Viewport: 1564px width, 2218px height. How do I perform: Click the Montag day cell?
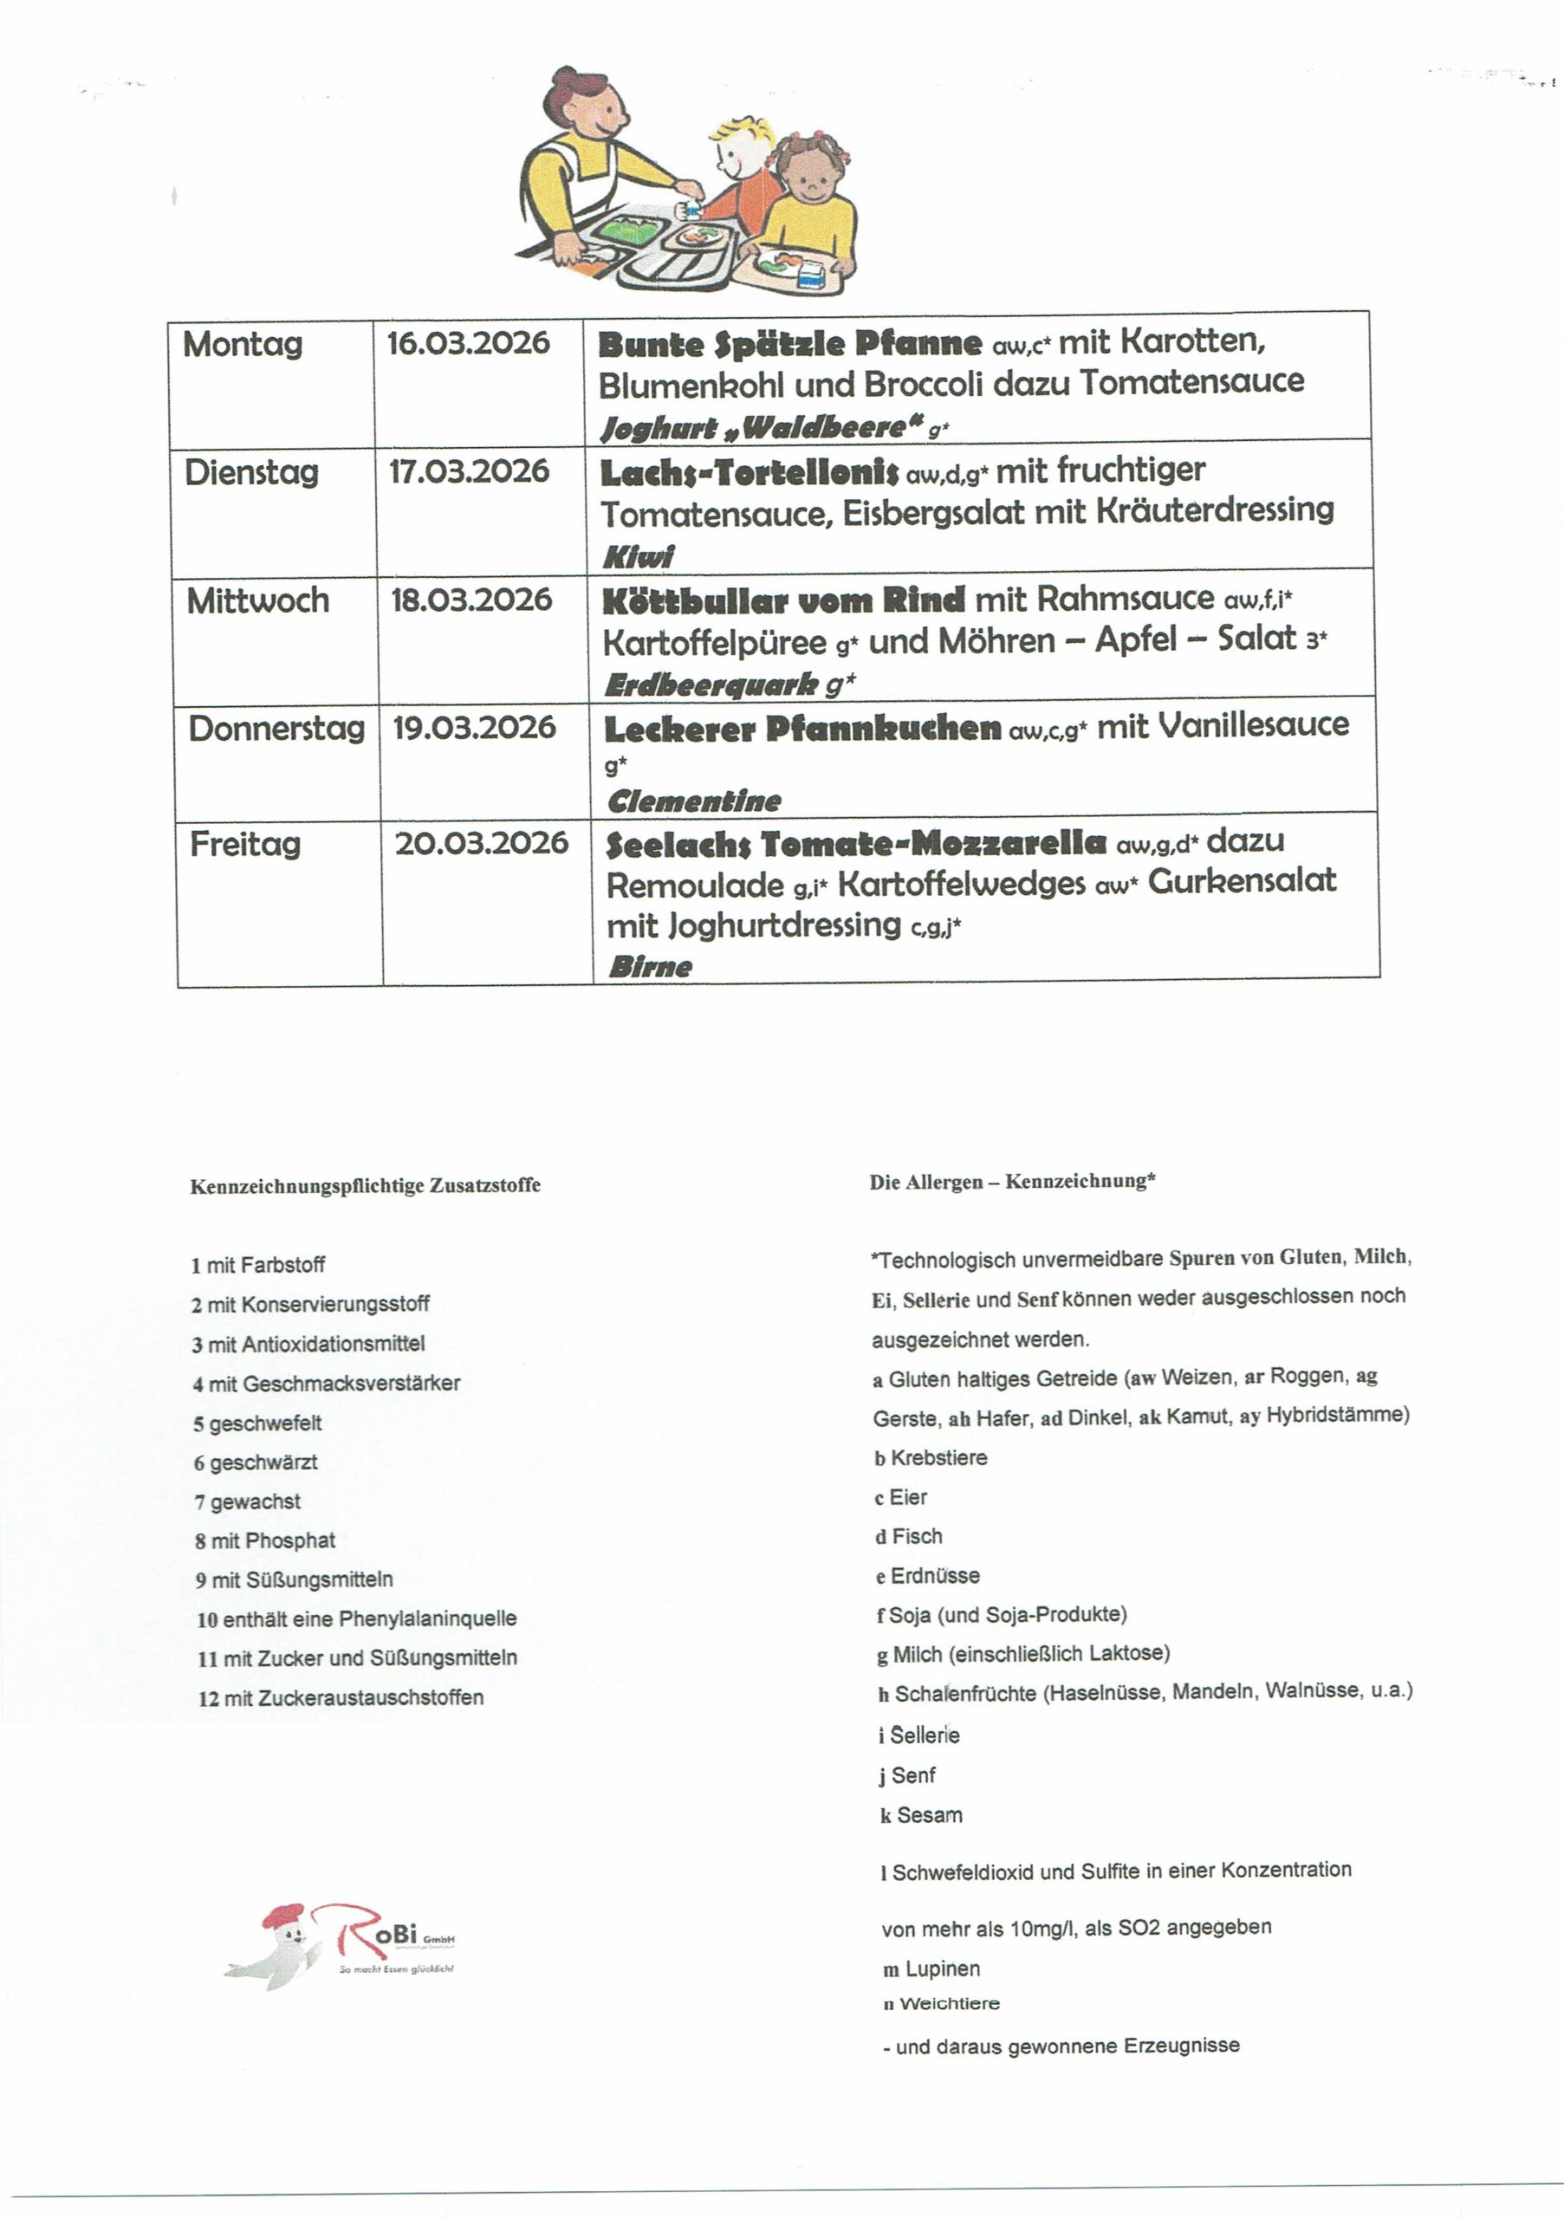click(243, 345)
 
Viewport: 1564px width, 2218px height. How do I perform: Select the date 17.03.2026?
click(469, 471)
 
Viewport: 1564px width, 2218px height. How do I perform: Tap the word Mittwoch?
click(258, 601)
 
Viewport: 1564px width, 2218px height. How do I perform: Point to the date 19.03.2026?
click(473, 728)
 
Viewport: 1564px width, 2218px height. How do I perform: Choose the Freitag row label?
click(245, 844)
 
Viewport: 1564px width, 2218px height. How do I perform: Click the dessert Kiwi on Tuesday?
click(638, 556)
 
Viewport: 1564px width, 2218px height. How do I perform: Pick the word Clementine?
click(693, 801)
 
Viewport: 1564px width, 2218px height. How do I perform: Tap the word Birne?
click(650, 967)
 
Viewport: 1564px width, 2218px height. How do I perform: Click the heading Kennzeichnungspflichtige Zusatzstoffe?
click(365, 1185)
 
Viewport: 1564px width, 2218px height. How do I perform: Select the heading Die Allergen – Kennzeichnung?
click(1012, 1182)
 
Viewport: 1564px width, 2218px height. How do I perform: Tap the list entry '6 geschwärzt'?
click(256, 1462)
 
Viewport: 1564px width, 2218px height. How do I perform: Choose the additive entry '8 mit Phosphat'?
click(266, 1540)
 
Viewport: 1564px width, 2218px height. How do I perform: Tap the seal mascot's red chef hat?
click(282, 1914)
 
